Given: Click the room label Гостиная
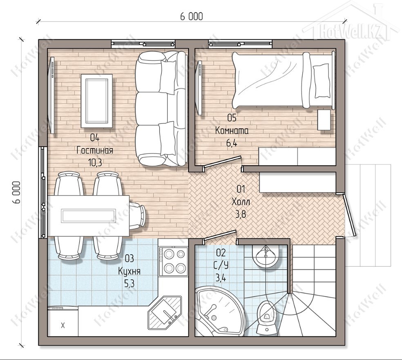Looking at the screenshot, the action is pos(95,150).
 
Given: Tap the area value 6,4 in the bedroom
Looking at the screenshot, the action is pos(232,143).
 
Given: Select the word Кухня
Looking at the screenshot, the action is pos(129,271).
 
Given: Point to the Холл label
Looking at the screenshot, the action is pos(241,202).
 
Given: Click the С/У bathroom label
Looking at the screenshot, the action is pos(221,265).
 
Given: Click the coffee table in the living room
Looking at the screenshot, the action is pos(97,101).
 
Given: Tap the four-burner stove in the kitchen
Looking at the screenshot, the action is pos(173,261).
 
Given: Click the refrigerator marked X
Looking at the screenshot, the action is pos(63,321).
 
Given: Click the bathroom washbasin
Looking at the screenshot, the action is pos(266,255).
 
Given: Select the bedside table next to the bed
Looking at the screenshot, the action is pos(324,120).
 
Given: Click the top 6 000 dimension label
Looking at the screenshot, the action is pos(192,17).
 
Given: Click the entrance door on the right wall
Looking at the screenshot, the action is pos(350,215).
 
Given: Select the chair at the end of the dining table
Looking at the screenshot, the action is pos(138,215).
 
